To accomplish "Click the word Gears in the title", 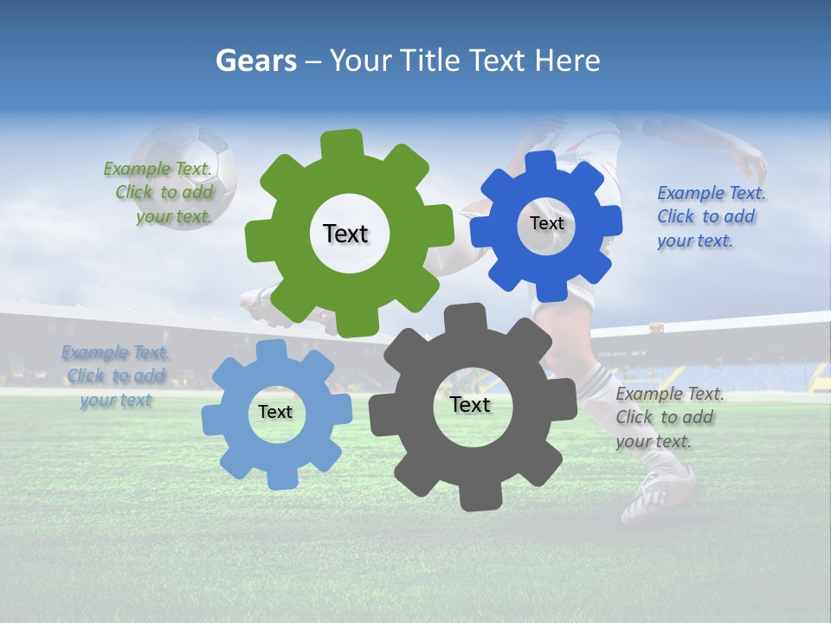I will point(255,61).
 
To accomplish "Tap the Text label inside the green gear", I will point(345,234).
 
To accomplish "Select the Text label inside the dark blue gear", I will point(546,223).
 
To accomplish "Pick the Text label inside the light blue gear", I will point(275,412).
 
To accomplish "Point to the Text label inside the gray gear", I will point(470,404).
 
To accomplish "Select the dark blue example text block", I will point(710,216).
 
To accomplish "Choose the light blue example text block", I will point(115,376).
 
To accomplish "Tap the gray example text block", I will point(668,417).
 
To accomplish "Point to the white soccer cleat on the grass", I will point(658,493).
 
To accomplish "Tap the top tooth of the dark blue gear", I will point(540,163).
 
